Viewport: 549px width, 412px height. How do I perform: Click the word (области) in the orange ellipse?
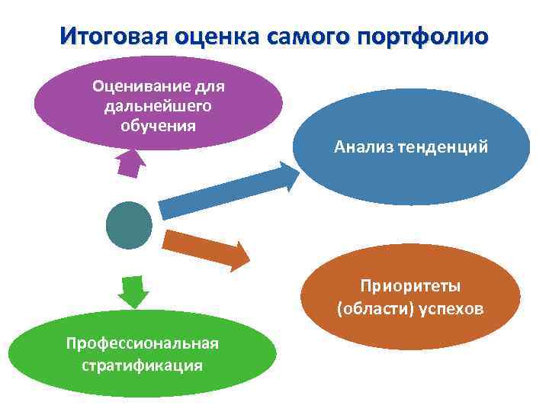click(x=371, y=310)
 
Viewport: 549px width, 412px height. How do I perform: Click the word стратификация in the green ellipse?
click(x=142, y=365)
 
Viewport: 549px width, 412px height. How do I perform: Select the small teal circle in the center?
click(x=129, y=225)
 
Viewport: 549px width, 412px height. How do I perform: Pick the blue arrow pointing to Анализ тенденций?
click(x=229, y=191)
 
